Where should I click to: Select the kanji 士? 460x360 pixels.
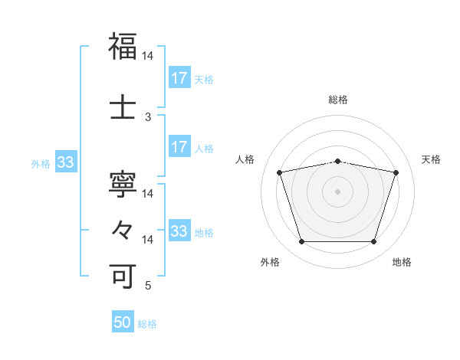123,108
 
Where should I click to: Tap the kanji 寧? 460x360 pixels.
123,186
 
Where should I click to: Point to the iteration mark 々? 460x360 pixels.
123,229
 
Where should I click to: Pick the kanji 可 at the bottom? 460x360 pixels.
123,275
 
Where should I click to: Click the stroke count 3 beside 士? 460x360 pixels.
148,117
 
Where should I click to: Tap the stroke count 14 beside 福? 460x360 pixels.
148,56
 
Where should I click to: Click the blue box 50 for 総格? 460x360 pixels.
123,322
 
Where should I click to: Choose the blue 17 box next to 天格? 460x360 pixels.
179,77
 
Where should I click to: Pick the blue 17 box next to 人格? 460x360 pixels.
179,147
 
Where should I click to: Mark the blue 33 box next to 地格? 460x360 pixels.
179,231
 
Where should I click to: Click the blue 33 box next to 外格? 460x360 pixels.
65,162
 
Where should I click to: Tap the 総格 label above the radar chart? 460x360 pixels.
338,100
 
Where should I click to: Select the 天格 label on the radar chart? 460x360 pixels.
431,159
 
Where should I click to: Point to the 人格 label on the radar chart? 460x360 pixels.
245,159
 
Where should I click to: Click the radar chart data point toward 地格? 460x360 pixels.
373,242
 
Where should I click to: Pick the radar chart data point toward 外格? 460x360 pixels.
301,242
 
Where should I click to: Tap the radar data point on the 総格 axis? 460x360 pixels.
337,161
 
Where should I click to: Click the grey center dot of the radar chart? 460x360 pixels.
337,191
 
